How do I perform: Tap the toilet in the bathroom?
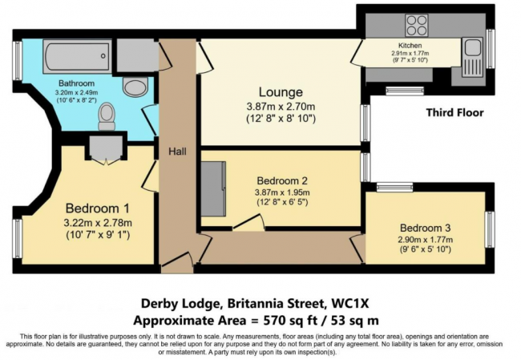pyautogui.click(x=105, y=119)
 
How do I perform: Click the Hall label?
pyautogui.click(x=177, y=150)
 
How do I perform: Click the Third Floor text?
pyautogui.click(x=454, y=113)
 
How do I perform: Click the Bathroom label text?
pyautogui.click(x=77, y=83)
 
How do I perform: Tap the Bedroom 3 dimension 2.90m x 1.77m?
pyautogui.click(x=424, y=239)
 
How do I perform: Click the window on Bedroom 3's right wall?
pyautogui.click(x=489, y=229)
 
